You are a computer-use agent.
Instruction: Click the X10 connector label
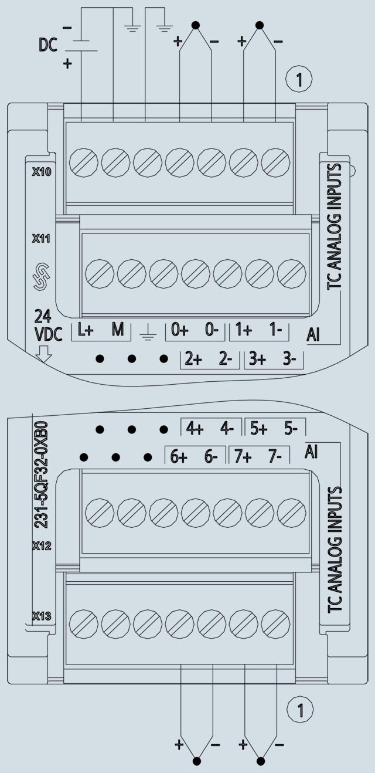click(42, 171)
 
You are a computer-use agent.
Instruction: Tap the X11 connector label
click(41, 238)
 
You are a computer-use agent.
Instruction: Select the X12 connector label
click(42, 545)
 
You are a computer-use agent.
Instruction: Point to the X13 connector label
click(42, 616)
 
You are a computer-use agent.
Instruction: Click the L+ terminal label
click(86, 330)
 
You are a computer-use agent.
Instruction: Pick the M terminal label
click(118, 330)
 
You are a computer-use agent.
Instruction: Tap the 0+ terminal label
click(180, 330)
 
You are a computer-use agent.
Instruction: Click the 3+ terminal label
click(258, 360)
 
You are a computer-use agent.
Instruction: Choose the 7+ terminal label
click(243, 457)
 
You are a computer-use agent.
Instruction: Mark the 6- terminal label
click(211, 457)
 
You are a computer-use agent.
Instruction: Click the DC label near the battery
click(48, 45)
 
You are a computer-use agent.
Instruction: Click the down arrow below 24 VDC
click(44, 354)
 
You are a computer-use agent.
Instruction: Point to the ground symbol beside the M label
click(148, 333)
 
